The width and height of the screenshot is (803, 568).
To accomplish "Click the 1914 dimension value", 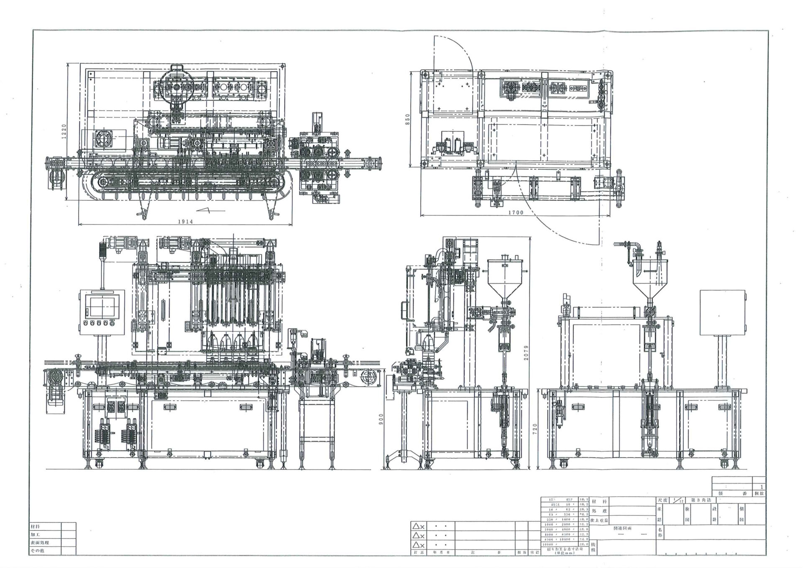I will point(185,222).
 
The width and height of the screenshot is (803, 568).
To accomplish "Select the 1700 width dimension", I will point(516,212).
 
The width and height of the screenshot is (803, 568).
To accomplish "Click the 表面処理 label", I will point(39,543).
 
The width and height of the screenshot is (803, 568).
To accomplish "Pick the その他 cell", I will point(37,551).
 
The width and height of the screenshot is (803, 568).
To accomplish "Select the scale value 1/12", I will point(678,501).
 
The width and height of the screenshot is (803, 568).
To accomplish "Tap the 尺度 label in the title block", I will point(662,501).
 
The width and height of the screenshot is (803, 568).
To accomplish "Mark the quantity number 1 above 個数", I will point(762,487).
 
